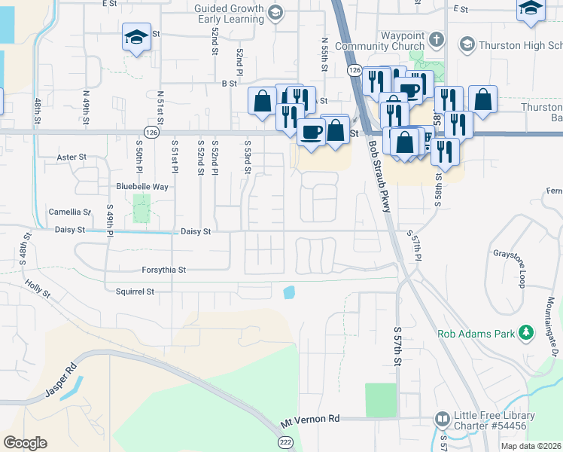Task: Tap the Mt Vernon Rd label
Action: pos(310,418)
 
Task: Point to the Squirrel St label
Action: pos(135,291)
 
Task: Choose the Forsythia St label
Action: pos(163,269)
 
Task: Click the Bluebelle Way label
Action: pos(142,186)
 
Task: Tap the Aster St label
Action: pos(72,157)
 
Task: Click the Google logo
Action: pos(25,443)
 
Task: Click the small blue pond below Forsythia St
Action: pos(288,292)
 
